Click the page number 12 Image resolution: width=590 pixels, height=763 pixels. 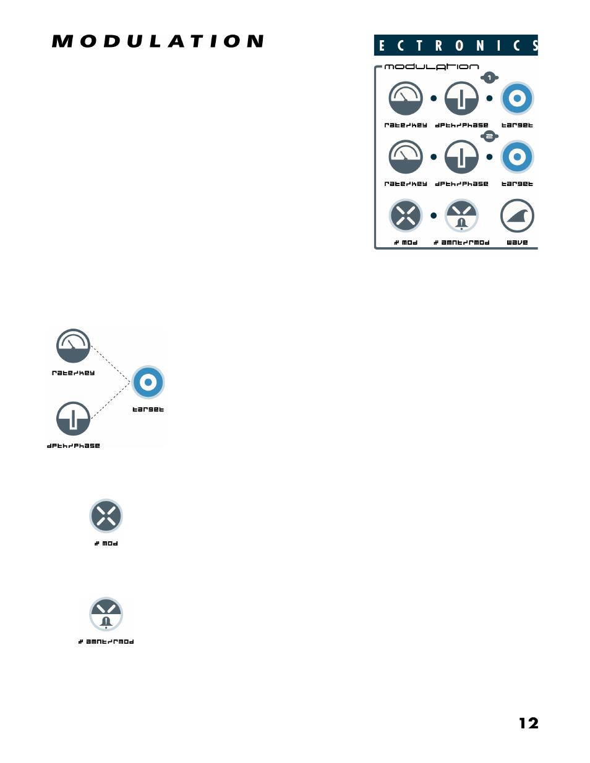click(x=528, y=723)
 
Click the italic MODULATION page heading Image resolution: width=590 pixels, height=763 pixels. click(x=158, y=41)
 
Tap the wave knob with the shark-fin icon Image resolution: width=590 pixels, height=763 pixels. click(x=517, y=216)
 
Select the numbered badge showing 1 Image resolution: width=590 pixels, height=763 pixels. click(x=489, y=78)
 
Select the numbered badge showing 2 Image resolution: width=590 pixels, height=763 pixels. click(x=489, y=137)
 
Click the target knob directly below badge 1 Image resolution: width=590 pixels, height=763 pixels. click(x=517, y=98)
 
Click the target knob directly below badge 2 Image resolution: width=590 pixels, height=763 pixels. click(x=517, y=157)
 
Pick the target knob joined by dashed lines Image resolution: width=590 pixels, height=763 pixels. click(x=148, y=382)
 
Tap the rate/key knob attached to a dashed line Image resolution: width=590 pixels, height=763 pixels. click(x=74, y=346)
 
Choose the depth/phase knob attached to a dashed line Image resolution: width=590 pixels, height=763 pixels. click(x=74, y=419)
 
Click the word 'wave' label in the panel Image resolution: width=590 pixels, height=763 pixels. click(x=517, y=243)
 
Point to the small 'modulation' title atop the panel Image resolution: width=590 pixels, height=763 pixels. click(x=432, y=67)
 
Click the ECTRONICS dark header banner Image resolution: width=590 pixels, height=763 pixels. click(x=456, y=45)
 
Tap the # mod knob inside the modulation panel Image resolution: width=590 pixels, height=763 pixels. click(x=406, y=216)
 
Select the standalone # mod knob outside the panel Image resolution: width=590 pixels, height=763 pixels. click(x=106, y=516)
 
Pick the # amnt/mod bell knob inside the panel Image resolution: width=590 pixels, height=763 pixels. click(x=461, y=216)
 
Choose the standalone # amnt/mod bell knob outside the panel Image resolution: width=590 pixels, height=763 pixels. click(x=106, y=614)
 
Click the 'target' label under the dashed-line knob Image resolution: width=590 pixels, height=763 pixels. click(x=148, y=410)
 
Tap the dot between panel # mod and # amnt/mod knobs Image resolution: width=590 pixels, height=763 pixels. click(x=434, y=216)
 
